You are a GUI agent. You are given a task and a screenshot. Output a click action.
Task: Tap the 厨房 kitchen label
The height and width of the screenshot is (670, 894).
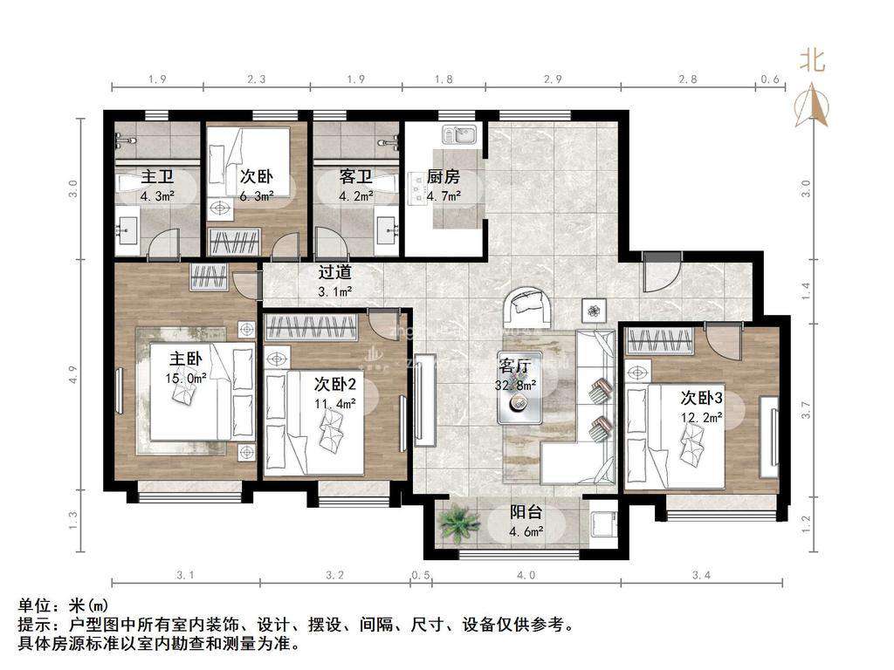coord(443,177)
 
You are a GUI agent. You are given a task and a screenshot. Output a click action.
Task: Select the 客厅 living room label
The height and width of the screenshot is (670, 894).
coord(516,366)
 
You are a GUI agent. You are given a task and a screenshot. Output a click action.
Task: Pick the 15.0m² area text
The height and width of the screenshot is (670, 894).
coord(186,378)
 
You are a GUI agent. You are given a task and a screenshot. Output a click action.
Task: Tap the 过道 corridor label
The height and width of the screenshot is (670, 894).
coord(334,272)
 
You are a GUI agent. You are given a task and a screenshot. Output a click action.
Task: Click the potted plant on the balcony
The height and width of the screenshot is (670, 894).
coord(459,524)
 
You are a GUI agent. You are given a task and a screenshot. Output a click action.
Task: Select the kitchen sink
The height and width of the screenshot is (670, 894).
coord(458,135)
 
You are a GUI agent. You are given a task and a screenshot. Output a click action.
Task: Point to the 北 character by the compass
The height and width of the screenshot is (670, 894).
coord(812,60)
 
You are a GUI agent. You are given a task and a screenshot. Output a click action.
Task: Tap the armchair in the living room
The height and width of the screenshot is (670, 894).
coord(528,304)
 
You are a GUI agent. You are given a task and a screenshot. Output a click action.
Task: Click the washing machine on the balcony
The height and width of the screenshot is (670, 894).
coord(601,523)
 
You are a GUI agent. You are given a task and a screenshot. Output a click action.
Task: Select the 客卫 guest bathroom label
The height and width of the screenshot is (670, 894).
coord(356,177)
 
